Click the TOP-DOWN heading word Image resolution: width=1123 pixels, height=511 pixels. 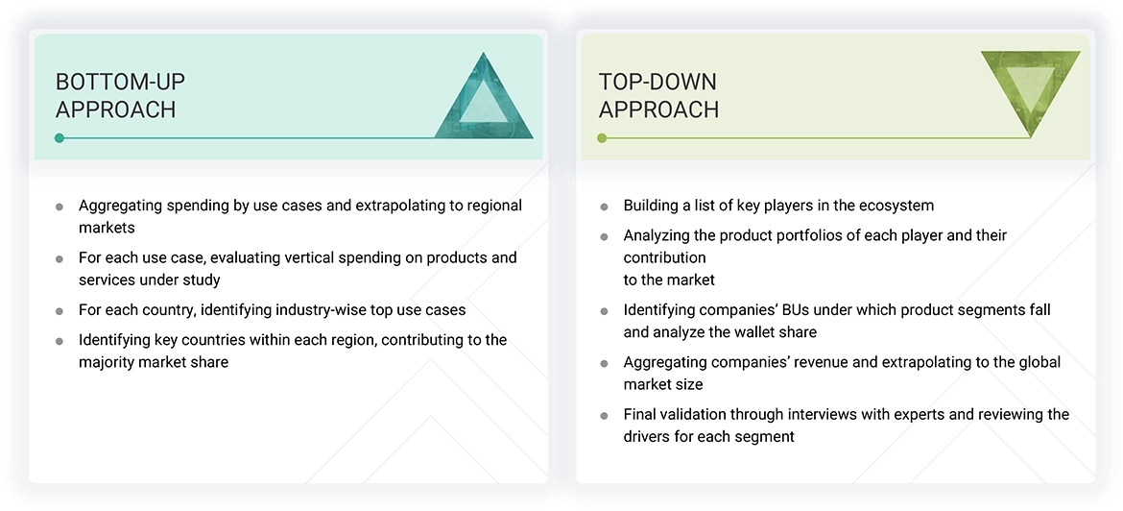click(657, 82)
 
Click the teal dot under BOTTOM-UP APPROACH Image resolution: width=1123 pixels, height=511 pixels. click(60, 138)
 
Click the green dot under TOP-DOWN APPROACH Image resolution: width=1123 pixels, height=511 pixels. click(602, 138)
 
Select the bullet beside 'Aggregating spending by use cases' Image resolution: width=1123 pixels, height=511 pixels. click(60, 207)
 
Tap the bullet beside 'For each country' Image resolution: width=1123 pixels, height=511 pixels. click(60, 311)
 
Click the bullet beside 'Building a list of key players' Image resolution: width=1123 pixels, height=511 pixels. click(604, 207)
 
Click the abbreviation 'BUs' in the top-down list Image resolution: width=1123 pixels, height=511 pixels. click(792, 310)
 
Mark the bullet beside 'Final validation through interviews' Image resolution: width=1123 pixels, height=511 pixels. click(604, 416)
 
